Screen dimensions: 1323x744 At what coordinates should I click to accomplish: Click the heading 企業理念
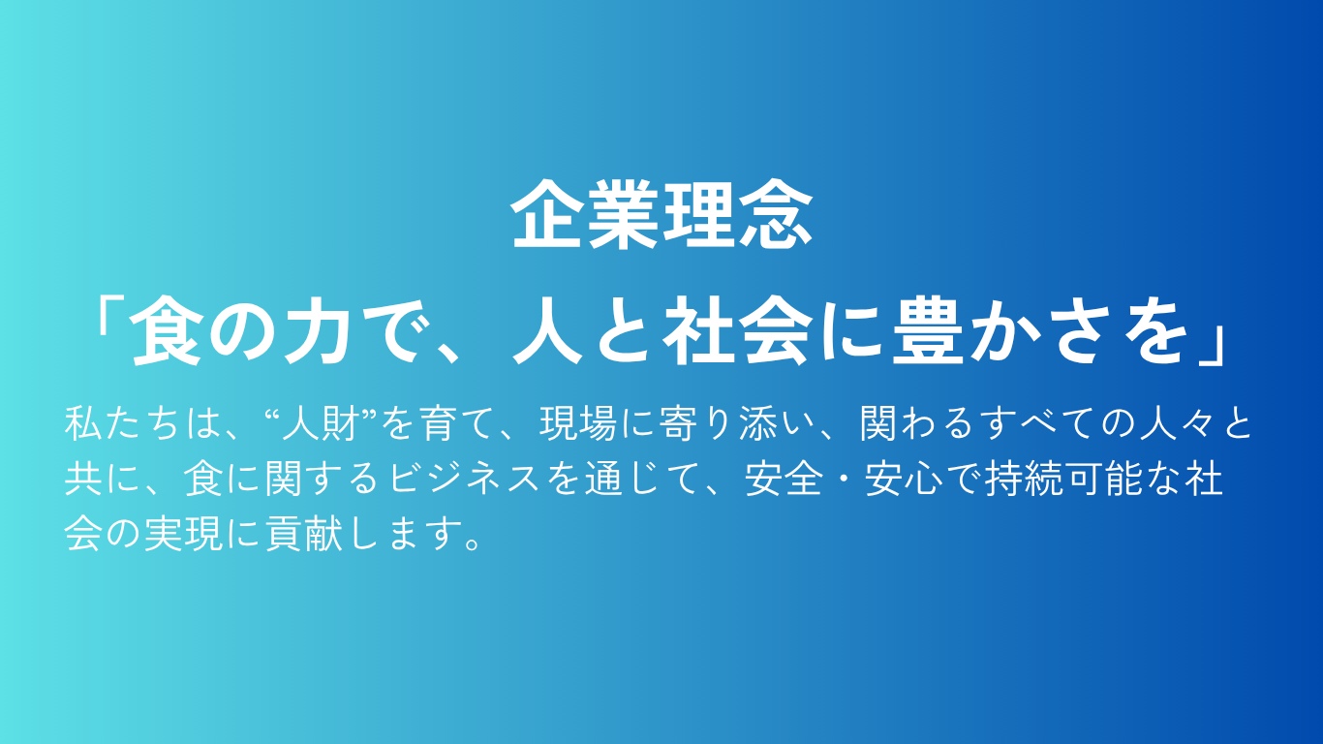tap(661, 214)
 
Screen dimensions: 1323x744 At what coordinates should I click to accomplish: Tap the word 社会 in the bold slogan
tap(735, 333)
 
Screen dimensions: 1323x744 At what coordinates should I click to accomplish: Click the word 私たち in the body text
tap(122, 423)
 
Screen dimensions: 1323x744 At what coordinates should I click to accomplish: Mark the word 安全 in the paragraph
tap(784, 478)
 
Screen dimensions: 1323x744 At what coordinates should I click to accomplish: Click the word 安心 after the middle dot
tap(905, 478)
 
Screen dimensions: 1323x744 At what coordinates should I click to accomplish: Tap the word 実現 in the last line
tap(184, 533)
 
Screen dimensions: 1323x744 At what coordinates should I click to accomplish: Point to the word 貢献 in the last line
tap(303, 533)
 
